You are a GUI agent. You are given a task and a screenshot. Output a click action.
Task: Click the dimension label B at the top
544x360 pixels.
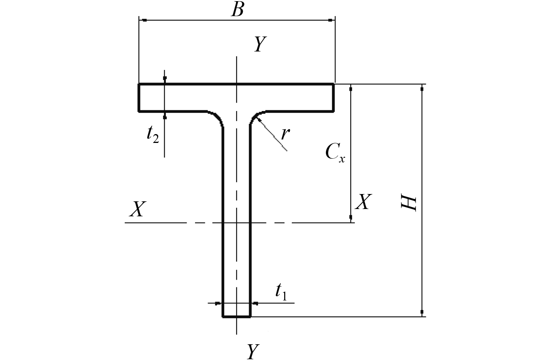pyautogui.click(x=237, y=10)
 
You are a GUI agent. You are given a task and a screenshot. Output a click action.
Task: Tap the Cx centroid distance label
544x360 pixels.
pyautogui.click(x=335, y=153)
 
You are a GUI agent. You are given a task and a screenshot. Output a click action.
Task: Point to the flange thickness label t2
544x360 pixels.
pyautogui.click(x=152, y=135)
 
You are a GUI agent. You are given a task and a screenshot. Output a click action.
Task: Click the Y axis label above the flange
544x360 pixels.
pyautogui.click(x=260, y=45)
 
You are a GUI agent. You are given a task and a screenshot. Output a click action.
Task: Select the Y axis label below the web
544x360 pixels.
pyautogui.click(x=251, y=351)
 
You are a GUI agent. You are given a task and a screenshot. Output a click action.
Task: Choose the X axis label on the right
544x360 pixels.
pyautogui.click(x=363, y=202)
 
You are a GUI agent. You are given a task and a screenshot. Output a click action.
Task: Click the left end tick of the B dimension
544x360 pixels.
pyautogui.click(x=144, y=20)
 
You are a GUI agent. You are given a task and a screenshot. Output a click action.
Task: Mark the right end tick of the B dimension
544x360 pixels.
pyautogui.click(x=330, y=20)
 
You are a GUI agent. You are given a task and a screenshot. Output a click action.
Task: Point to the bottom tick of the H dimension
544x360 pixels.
pyautogui.click(x=422, y=312)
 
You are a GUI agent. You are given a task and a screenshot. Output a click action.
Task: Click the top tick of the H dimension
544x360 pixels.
pyautogui.click(x=422, y=89)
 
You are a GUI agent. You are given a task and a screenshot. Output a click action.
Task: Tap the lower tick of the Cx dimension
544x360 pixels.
pyautogui.click(x=351, y=217)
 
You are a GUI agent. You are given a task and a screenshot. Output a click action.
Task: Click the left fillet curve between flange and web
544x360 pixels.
pyautogui.click(x=218, y=117)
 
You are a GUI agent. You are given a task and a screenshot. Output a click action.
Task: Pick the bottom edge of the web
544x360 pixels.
pyautogui.click(x=236, y=317)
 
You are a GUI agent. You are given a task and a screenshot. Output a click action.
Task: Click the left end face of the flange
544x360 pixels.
pyautogui.click(x=139, y=98)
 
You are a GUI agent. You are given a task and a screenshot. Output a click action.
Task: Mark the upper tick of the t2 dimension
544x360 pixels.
pyautogui.click(x=165, y=78)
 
